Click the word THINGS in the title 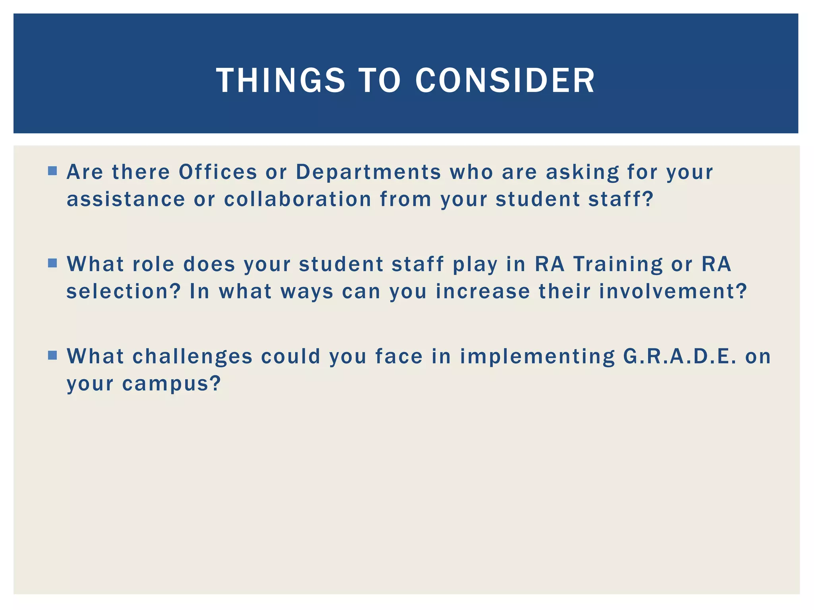click(281, 81)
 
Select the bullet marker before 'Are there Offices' click(52, 171)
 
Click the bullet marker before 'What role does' click(52, 263)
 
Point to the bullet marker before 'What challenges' click(52, 355)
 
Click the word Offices click(218, 172)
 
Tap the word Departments click(368, 172)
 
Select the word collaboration click(298, 199)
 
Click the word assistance click(126, 199)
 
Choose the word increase click(483, 291)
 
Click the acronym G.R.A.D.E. click(680, 356)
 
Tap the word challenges click(193, 356)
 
